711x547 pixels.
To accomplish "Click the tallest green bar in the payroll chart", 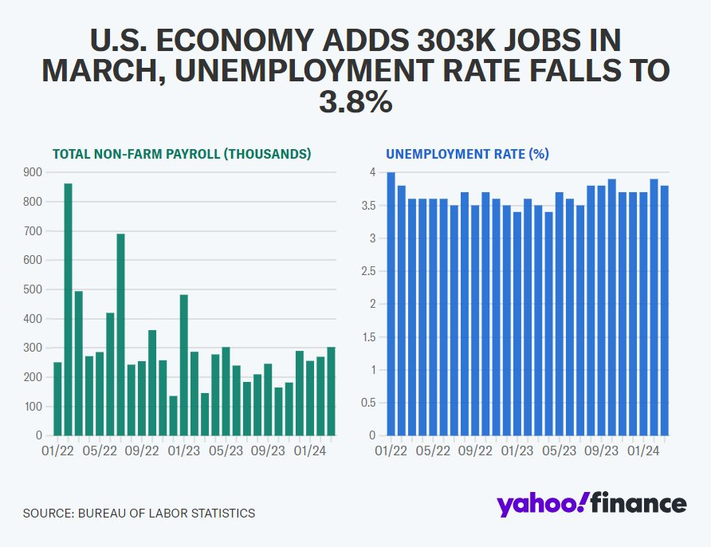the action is tap(68, 309).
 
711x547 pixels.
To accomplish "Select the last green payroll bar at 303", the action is tap(331, 392).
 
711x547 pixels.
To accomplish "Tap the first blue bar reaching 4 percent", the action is tap(391, 304).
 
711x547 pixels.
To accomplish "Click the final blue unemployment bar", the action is tap(665, 311).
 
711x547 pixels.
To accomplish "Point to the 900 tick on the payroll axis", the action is tap(33, 172).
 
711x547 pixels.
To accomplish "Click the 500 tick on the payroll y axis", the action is tap(33, 289).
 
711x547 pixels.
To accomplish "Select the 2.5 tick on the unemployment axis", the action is tap(367, 271).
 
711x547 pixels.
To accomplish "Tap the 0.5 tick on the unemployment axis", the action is tap(367, 403).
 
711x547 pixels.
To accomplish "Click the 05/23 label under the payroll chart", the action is tap(226, 451).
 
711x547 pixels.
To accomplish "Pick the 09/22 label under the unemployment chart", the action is tap(475, 451).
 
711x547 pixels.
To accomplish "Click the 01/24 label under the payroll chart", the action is tap(310, 451).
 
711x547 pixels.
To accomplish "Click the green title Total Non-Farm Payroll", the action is tap(182, 154).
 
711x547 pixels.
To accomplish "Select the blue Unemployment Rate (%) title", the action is tap(468, 154).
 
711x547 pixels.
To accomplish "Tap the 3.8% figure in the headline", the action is tap(355, 101).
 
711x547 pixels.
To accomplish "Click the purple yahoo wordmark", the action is tap(540, 504).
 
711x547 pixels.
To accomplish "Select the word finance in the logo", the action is tap(638, 502).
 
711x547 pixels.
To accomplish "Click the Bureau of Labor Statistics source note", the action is tap(139, 513).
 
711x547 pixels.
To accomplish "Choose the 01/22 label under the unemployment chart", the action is tap(391, 451).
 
